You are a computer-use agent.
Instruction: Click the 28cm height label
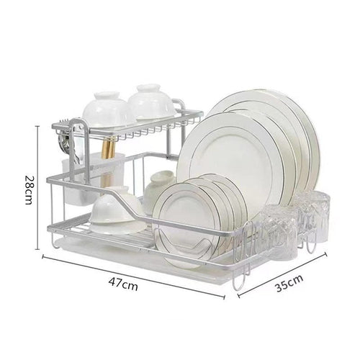[x=28, y=189]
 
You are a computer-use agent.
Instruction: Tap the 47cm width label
[x=123, y=284]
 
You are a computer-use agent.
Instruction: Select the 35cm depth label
[x=289, y=283]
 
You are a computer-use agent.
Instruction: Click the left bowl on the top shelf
[x=105, y=109]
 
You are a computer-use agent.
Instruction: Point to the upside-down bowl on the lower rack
[x=117, y=210]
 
